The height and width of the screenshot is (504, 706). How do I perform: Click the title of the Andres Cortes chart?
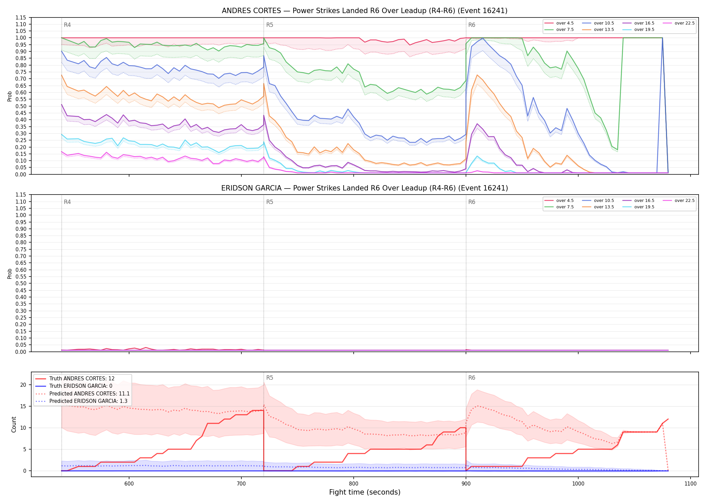tap(364, 11)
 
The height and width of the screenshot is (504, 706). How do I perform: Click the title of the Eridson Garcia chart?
tap(364, 188)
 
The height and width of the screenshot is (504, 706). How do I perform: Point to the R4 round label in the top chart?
tap(67, 25)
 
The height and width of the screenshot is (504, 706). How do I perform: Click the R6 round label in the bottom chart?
tap(472, 378)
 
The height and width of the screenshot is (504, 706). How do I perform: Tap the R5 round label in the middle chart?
tap(270, 202)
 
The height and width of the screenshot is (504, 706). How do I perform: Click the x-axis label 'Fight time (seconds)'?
tap(365, 492)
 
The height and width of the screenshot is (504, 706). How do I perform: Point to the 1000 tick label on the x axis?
tap(578, 484)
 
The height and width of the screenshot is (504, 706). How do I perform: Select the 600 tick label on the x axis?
tap(129, 484)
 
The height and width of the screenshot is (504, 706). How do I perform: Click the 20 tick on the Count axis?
tap(23, 385)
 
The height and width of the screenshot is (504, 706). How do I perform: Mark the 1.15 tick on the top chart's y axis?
tap(21, 17)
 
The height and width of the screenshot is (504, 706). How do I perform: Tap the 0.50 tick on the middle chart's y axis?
tap(21, 284)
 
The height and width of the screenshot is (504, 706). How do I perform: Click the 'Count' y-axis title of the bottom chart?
tap(14, 424)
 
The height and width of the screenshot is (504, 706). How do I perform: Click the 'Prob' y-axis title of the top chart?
tap(10, 96)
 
